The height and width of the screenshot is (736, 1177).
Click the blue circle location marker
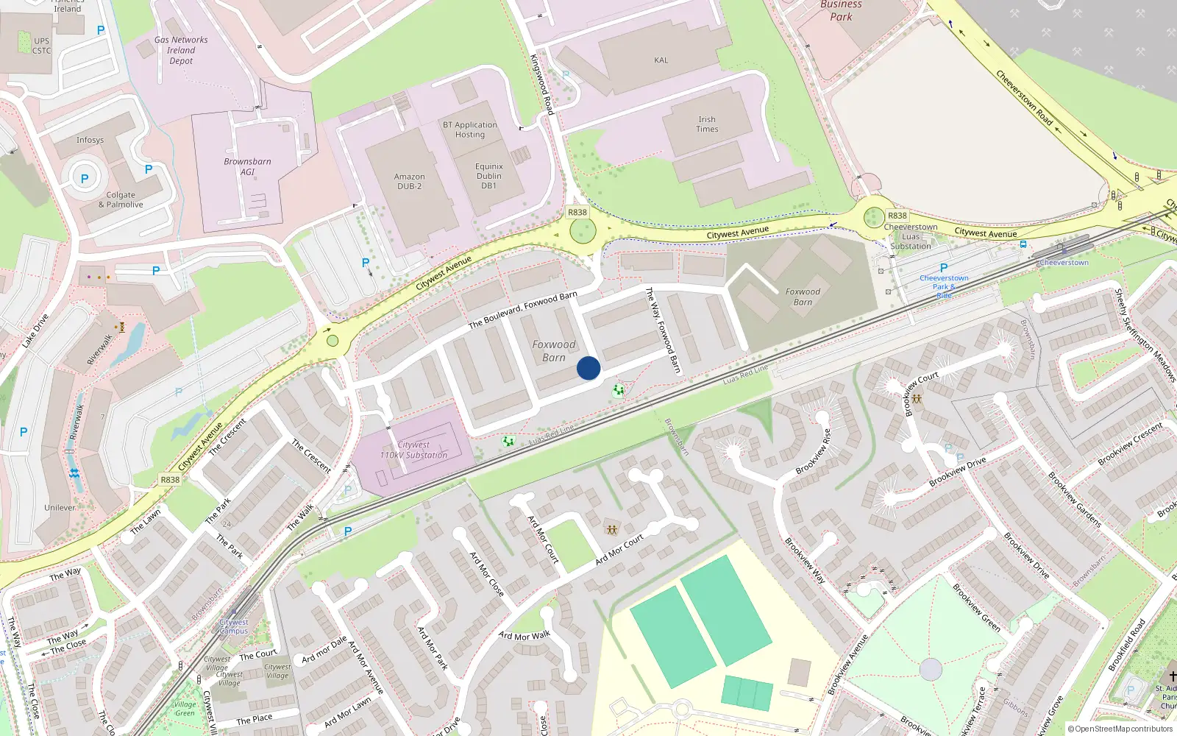click(x=588, y=368)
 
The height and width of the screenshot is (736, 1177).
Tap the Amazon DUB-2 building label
click(x=409, y=182)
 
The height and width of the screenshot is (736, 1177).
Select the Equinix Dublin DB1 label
click(x=489, y=176)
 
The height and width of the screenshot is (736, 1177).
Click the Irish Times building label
click(x=707, y=124)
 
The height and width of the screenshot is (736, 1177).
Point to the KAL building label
click(x=661, y=60)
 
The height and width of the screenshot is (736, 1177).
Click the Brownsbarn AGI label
click(x=247, y=166)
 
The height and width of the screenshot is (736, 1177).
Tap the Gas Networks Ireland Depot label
click(x=181, y=51)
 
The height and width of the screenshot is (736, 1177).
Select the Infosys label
click(x=90, y=140)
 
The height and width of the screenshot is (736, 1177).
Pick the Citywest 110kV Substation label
click(x=413, y=450)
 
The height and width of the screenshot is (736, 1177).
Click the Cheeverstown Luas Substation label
click(x=911, y=236)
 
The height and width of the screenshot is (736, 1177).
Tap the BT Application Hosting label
click(x=470, y=130)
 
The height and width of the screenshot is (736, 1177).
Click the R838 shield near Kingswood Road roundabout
click(x=577, y=212)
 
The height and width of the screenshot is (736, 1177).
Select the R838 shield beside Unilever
click(x=170, y=480)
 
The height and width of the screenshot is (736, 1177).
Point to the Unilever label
click(x=60, y=508)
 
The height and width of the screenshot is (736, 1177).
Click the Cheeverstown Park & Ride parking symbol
click(x=944, y=268)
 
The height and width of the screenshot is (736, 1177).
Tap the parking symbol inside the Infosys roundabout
click(x=85, y=179)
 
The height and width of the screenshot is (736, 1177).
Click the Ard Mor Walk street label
click(x=525, y=636)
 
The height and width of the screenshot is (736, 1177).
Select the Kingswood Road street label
click(x=541, y=84)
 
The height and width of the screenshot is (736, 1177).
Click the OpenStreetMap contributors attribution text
click(x=1120, y=729)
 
